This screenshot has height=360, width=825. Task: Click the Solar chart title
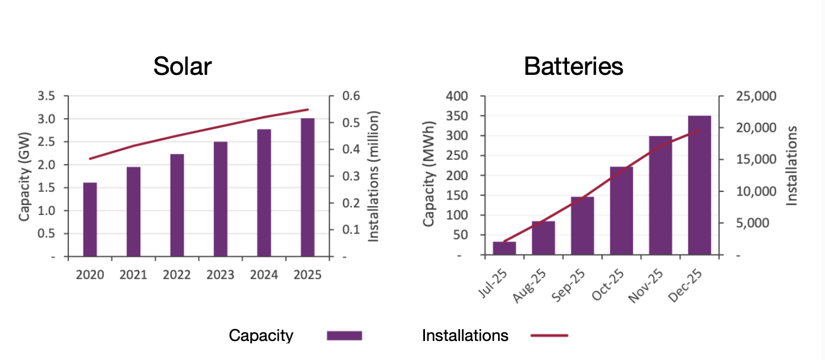click(182, 66)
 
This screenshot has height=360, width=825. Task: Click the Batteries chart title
click(573, 66)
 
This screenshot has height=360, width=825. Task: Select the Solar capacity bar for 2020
click(90, 220)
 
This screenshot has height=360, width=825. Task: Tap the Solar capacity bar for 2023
click(221, 199)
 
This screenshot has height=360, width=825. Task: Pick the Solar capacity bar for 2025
click(307, 188)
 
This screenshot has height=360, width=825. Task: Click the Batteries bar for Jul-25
click(504, 248)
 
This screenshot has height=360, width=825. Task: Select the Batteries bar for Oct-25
click(621, 211)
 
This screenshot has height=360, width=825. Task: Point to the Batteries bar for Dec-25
click(699, 185)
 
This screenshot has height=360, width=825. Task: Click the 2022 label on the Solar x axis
click(177, 275)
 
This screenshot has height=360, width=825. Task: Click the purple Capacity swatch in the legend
click(344, 336)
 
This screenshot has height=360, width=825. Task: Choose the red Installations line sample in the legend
click(549, 336)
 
